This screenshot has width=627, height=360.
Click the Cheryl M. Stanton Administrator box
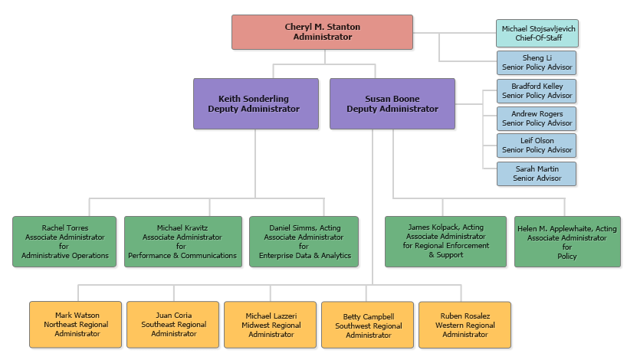(322, 32)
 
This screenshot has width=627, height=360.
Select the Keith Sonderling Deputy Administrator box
(255, 103)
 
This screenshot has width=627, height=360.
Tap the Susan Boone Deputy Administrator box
(392, 103)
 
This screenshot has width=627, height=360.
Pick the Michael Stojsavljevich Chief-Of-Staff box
(536, 33)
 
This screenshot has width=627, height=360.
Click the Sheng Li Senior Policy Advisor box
(536, 63)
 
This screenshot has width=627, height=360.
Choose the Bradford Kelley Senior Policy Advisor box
(536, 91)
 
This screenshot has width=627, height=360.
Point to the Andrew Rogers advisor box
(536, 119)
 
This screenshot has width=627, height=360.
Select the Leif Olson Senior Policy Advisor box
(536, 146)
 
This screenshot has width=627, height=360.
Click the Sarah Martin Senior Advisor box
(536, 174)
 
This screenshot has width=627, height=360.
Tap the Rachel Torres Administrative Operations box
(64, 241)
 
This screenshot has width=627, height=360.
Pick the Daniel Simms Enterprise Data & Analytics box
(304, 241)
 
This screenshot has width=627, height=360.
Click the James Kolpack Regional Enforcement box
(445, 241)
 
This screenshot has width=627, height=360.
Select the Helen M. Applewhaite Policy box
(566, 241)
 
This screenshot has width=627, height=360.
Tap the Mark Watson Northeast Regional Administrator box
(76, 325)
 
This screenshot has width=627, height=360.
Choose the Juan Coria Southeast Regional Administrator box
(173, 325)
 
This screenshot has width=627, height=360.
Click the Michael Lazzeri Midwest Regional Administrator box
(271, 325)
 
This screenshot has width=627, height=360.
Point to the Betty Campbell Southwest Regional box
(368, 325)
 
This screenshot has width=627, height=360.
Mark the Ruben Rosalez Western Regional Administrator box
(465, 325)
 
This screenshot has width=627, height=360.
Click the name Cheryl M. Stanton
(322, 28)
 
